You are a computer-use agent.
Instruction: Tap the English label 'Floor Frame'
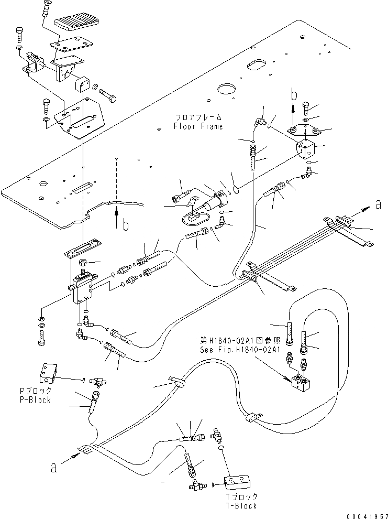(199, 126)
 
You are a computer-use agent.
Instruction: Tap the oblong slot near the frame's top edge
(261, 64)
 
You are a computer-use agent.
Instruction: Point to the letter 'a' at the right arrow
(378, 206)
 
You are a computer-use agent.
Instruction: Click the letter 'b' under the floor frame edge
(125, 225)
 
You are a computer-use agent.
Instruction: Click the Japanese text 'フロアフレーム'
(199, 117)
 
